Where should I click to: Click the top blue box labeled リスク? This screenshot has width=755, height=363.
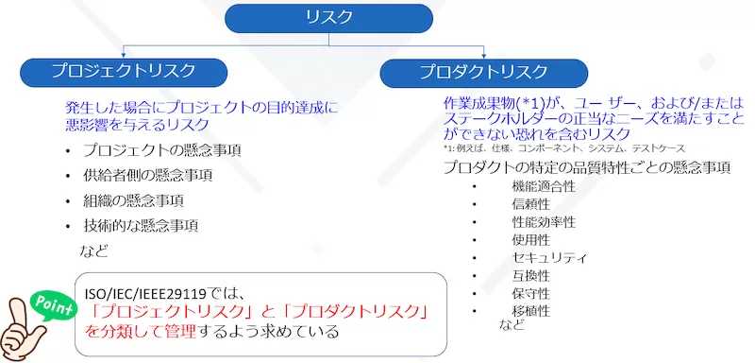[x=328, y=16]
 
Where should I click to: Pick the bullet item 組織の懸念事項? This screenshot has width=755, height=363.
[x=132, y=200]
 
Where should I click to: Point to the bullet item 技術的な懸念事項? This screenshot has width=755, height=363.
[x=140, y=226]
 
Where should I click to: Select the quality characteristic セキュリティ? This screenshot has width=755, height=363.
[x=549, y=258]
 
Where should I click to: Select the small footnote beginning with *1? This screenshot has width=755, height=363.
[x=577, y=149]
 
